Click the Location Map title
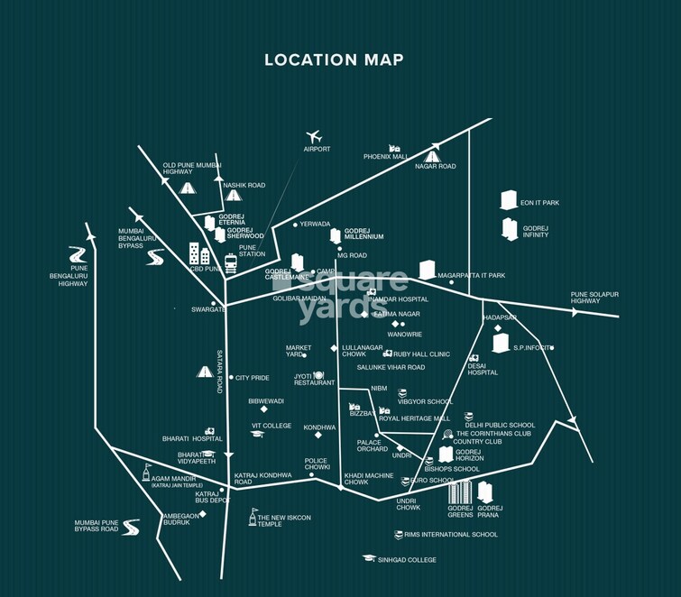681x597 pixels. (x=334, y=60)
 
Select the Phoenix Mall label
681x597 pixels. (x=386, y=156)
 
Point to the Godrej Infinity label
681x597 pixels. (x=536, y=232)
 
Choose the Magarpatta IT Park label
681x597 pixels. (x=472, y=275)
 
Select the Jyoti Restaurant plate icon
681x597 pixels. (x=317, y=374)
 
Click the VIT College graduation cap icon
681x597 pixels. (x=257, y=435)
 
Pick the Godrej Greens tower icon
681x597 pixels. (x=460, y=492)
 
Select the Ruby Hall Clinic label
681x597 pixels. (x=421, y=354)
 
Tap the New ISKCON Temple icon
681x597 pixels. (x=253, y=518)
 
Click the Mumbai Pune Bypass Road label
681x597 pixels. (x=97, y=526)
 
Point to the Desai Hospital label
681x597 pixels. (x=482, y=369)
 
